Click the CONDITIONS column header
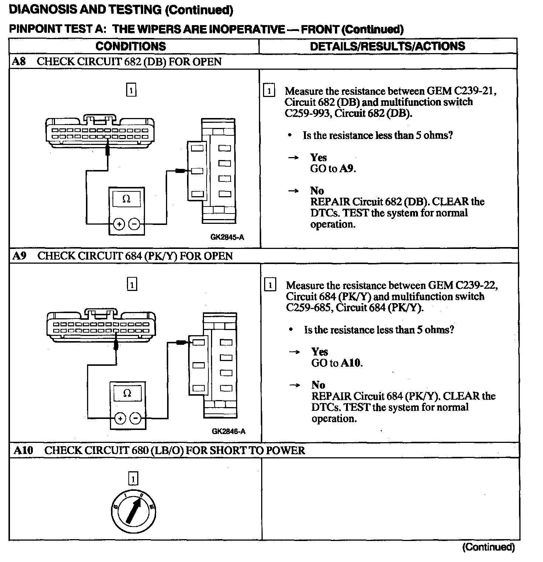[x=131, y=46]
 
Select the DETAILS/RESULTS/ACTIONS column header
[x=387, y=46]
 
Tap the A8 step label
[x=19, y=61]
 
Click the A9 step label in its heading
[x=20, y=256]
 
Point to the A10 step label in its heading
[x=24, y=450]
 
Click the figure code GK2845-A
[x=227, y=237]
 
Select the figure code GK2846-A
[x=229, y=431]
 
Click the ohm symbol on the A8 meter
[x=126, y=199]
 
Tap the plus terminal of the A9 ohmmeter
[x=120, y=418]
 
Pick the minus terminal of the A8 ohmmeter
[x=134, y=224]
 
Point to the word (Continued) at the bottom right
[x=488, y=547]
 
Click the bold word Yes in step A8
[x=318, y=158]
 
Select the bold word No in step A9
[x=318, y=385]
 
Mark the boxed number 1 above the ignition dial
[x=133, y=479]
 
